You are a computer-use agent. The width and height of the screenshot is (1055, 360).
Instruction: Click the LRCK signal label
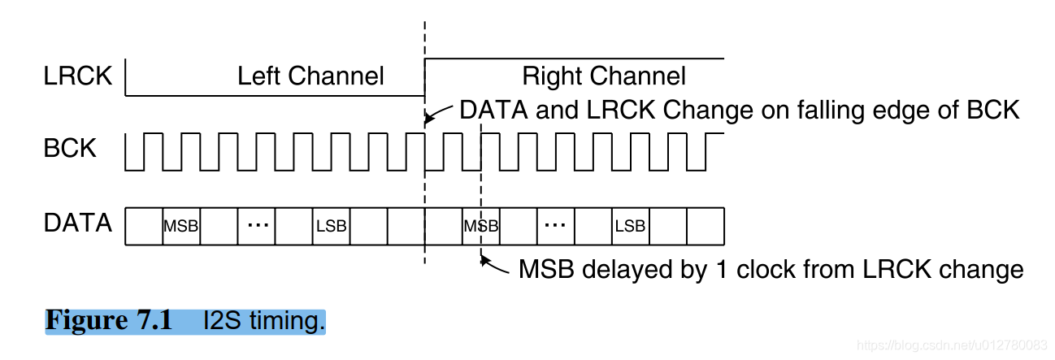(x=77, y=77)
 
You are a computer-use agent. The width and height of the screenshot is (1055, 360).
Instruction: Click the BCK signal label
(x=70, y=150)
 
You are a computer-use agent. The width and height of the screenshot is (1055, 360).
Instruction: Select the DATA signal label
(x=78, y=223)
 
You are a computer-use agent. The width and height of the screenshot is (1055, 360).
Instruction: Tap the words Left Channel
(x=310, y=76)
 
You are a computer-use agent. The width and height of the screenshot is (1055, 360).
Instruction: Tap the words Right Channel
(x=604, y=76)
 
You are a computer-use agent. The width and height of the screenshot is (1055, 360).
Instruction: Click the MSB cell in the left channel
(x=181, y=226)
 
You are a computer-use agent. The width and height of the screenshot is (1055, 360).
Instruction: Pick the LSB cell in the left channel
(x=331, y=226)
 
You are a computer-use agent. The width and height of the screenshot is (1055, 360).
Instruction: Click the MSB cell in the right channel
(x=480, y=226)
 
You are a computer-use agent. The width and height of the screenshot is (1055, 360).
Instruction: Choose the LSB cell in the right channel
(x=630, y=226)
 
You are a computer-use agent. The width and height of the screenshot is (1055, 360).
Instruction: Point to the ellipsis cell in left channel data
(x=257, y=224)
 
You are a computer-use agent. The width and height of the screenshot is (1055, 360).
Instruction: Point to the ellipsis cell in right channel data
(x=556, y=224)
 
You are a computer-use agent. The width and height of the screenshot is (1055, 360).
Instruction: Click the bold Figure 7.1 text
(x=109, y=320)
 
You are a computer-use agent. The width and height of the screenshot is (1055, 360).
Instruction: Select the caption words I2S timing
(x=264, y=321)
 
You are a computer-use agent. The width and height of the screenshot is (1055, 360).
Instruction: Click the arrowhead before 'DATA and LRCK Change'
(x=428, y=119)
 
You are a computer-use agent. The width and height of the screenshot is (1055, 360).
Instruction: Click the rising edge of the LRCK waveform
(x=425, y=77)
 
